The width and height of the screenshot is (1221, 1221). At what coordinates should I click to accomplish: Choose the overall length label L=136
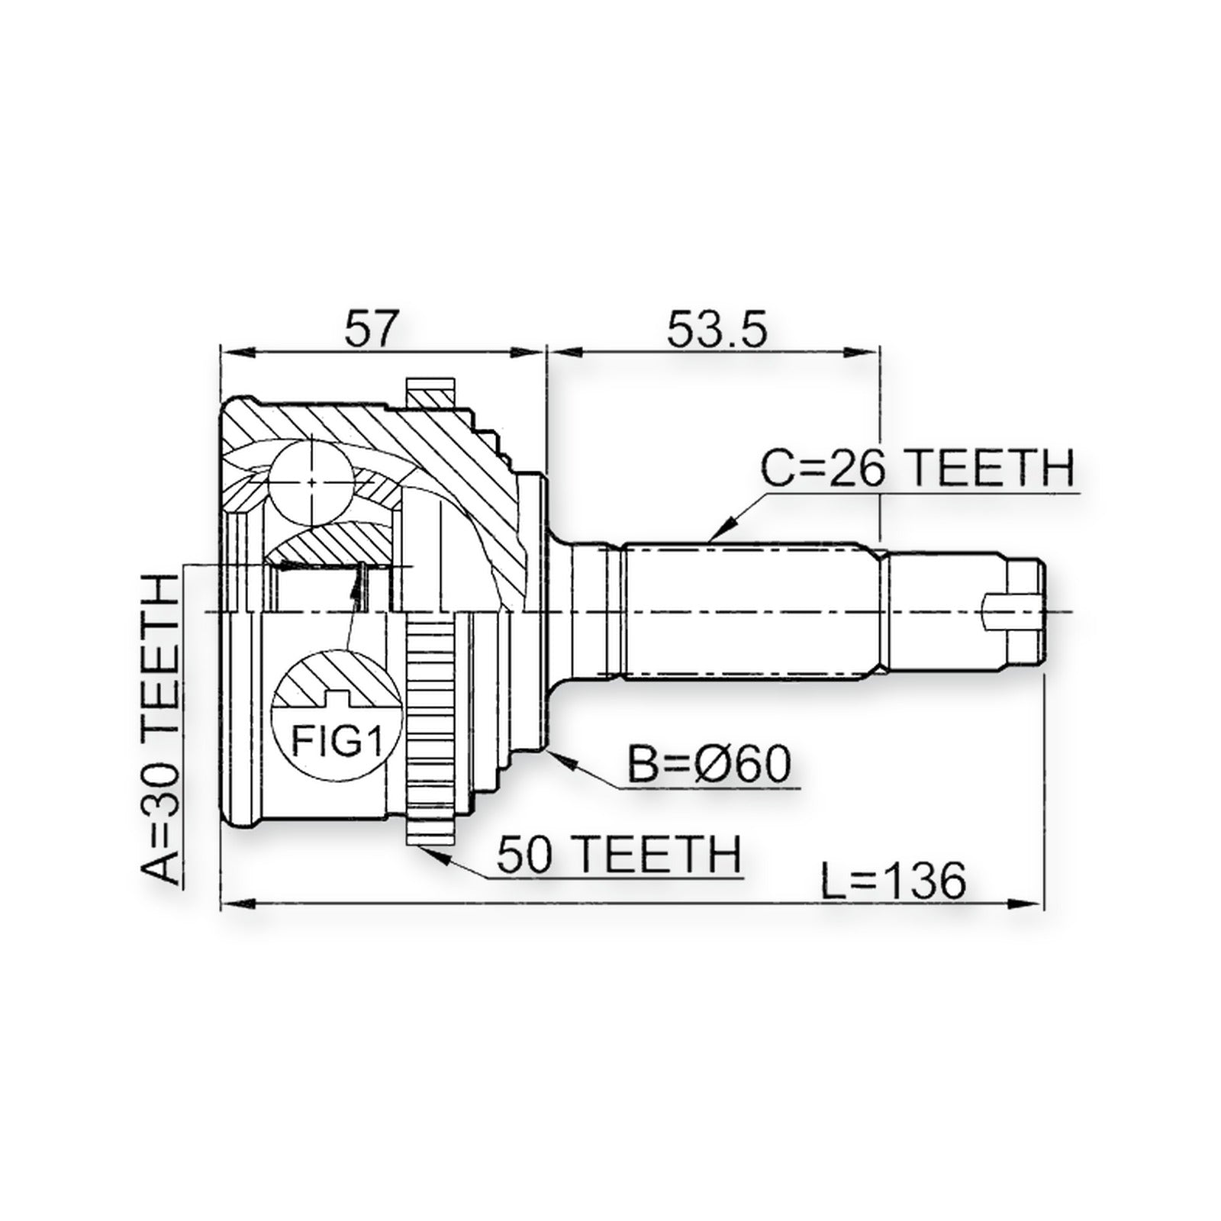(893, 882)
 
